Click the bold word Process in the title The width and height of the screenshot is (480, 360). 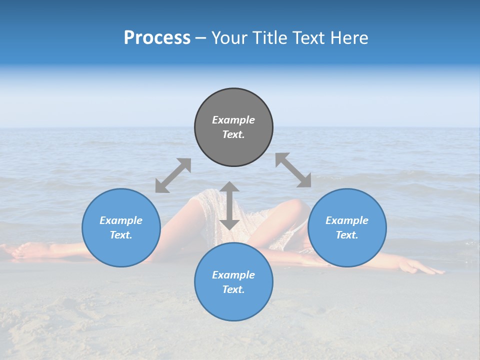pos(157,38)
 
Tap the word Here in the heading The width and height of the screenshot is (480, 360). pos(349,38)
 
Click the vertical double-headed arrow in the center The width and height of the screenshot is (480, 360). pos(229,205)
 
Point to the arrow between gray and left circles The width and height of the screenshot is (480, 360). pos(173,175)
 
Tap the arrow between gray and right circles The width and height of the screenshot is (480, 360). pos(293,170)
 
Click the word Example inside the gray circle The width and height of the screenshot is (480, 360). pos(233,120)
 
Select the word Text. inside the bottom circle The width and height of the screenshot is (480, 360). pos(233,289)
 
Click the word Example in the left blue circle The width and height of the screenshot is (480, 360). pos(121,220)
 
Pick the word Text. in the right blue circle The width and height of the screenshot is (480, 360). pos(347,235)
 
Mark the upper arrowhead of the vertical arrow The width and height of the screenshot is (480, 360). pos(229,186)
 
